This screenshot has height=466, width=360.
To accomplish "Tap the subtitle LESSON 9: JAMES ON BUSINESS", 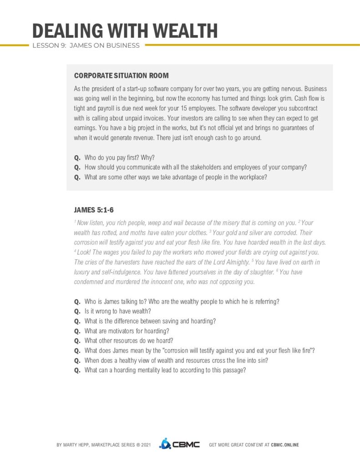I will (86, 46).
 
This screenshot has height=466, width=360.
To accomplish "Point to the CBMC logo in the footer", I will (179, 444).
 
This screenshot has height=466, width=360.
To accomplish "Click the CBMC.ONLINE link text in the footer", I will (285, 445).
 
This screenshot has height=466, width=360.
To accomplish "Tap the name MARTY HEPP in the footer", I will (78, 445).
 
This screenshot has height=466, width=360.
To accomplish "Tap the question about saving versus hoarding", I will (150, 321).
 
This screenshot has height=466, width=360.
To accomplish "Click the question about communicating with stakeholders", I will (195, 167).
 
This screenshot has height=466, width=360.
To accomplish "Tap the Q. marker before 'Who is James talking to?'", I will (77, 301).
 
